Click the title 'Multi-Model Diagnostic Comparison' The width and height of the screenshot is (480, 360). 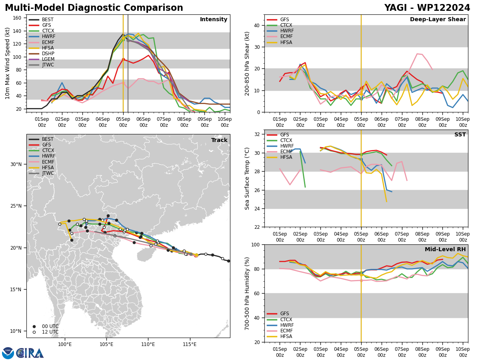(x=94, y=8)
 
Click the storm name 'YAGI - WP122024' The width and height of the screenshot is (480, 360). (x=427, y=8)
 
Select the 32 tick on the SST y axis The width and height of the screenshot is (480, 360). (x=257, y=134)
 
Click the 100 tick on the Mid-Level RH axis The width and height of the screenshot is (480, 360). (x=256, y=244)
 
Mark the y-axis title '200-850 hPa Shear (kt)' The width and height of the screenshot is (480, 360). (x=247, y=63)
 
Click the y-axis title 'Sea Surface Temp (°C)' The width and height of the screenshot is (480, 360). (x=247, y=178)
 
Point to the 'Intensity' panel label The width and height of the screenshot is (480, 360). (x=213, y=20)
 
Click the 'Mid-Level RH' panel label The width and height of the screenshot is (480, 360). (x=445, y=250)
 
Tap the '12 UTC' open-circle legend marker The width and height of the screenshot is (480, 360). (x=34, y=332)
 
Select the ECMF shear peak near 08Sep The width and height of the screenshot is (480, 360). (x=417, y=54)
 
